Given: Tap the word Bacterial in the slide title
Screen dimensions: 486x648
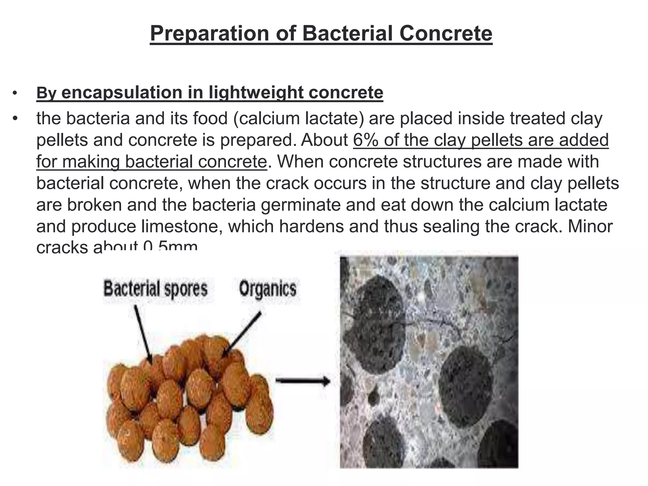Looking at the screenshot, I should pos(348,34).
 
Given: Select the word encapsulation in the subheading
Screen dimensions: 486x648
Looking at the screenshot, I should pos(122,92).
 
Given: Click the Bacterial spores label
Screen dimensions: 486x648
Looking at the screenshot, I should pos(155,289).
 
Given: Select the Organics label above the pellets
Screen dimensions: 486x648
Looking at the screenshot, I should pos(267,289).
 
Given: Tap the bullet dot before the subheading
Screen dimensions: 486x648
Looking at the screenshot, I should pos(14,93).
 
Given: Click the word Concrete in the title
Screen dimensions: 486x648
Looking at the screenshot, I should pos(446,34).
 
